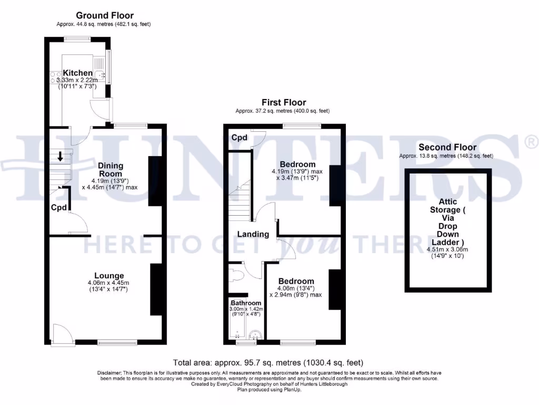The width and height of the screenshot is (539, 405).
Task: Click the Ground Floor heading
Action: (x=105, y=16)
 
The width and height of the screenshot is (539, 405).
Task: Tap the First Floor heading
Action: (x=284, y=102)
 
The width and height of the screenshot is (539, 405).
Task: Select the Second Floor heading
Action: (x=447, y=147)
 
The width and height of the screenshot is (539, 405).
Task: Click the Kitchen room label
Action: (x=78, y=73)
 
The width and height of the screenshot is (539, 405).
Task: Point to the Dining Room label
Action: (x=111, y=169)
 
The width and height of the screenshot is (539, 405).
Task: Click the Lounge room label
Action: (x=109, y=275)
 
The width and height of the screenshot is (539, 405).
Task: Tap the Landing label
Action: (x=253, y=234)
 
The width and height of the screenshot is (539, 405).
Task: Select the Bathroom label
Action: (x=246, y=303)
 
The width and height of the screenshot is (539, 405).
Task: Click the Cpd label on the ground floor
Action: (x=59, y=208)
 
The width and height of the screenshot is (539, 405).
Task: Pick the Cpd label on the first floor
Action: (x=239, y=138)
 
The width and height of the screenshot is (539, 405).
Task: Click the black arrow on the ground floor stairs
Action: (x=61, y=156)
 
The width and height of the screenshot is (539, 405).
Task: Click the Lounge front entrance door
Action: (x=60, y=334)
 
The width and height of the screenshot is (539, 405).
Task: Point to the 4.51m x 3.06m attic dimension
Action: (x=447, y=249)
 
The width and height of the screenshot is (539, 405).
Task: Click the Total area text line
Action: (x=268, y=363)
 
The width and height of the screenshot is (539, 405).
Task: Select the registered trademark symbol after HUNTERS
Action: (x=531, y=141)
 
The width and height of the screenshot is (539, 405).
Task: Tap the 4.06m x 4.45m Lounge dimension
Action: (x=108, y=283)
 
